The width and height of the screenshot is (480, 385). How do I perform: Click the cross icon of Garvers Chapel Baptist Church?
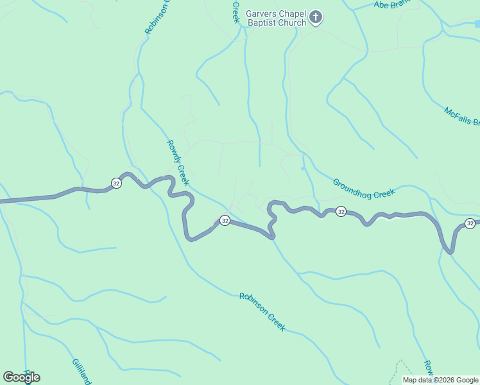pos(315,17)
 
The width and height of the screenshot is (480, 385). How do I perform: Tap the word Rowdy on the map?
pos(174,153)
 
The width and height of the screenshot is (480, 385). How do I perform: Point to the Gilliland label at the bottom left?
pos(81,371)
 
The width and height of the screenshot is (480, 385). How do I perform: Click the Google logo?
pos(22,377)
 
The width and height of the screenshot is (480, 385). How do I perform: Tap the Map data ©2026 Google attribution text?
pos(440,380)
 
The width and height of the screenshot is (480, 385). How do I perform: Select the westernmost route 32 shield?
pos(116,183)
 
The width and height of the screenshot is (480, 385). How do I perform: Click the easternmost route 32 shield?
pos(470,223)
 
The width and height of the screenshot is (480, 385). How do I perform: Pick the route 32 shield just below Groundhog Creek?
pos(341,211)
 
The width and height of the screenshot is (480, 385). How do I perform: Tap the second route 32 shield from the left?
pos(225,220)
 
